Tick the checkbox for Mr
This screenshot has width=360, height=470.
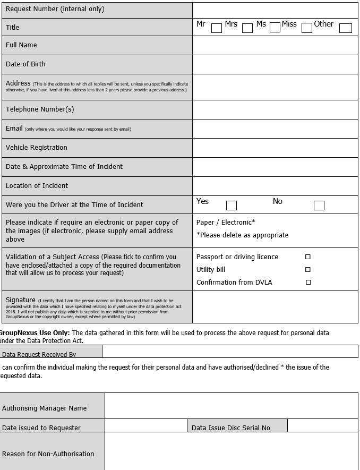point(217,28)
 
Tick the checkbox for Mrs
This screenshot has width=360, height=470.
point(247,28)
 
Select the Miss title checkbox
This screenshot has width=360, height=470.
point(307,28)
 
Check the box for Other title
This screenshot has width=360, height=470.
point(346,28)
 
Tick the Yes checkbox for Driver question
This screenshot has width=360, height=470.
point(232,206)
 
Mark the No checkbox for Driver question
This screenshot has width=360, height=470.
point(319,206)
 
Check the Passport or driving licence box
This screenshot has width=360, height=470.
point(308,257)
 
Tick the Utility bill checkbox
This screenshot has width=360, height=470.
point(308,270)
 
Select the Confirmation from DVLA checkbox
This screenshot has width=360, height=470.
point(308,283)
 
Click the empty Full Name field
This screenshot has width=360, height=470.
point(275,46)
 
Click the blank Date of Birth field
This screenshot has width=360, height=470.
point(275,64)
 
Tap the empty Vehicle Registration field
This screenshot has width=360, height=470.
point(275,148)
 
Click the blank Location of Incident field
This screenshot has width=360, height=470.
point(275,186)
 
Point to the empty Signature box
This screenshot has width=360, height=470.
point(275,307)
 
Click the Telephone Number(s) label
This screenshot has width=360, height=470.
point(40,109)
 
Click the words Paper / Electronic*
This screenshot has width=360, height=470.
point(226,223)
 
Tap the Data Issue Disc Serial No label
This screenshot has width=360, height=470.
point(231,428)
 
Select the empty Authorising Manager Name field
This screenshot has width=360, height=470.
point(231,406)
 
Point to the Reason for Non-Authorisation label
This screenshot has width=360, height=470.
point(48,454)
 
